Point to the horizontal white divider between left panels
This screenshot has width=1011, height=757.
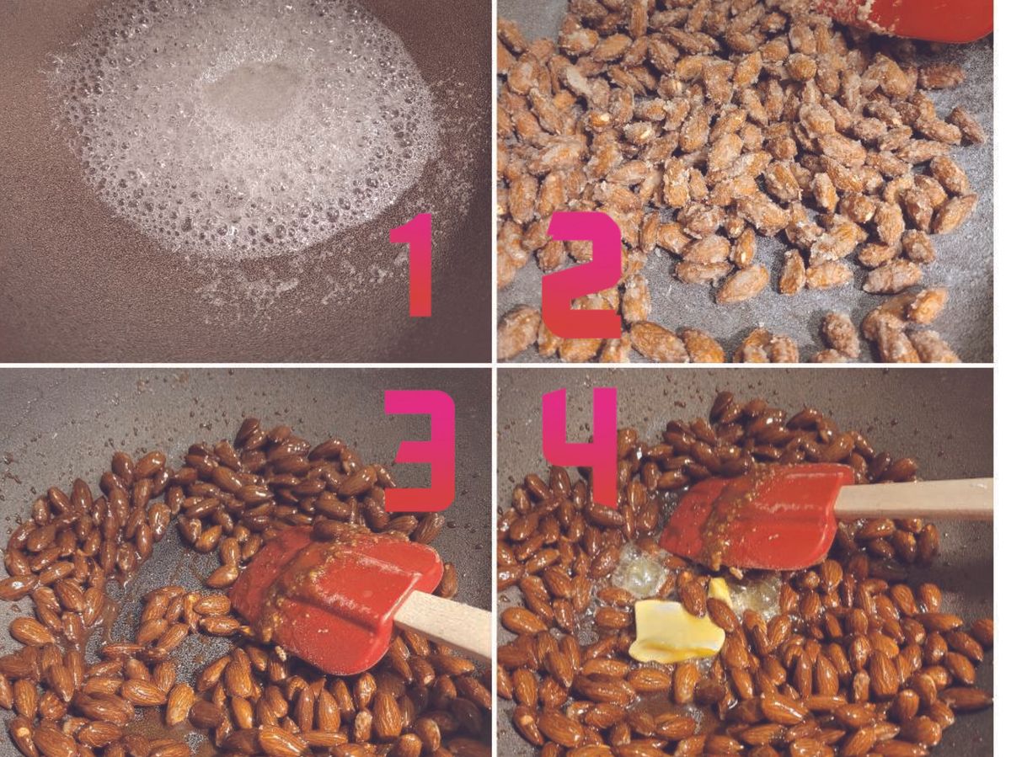[x=245, y=365]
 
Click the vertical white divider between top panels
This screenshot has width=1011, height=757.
[x=495, y=181]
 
